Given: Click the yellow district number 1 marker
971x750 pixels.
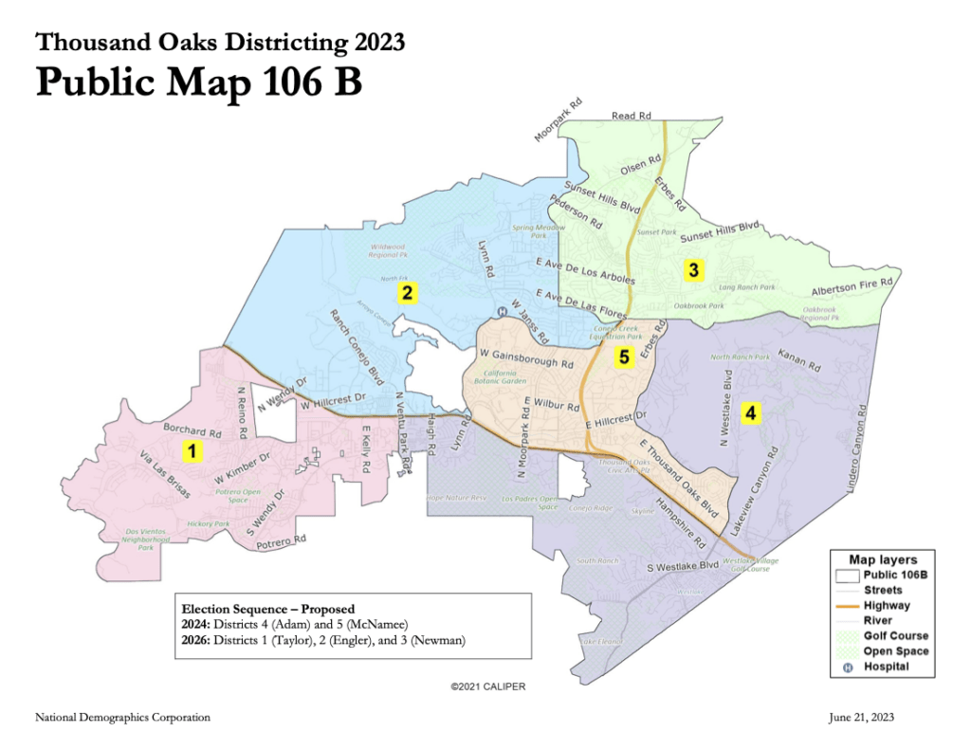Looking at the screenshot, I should pyautogui.click(x=192, y=450).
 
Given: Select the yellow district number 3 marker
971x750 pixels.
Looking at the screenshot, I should pyautogui.click(x=693, y=270).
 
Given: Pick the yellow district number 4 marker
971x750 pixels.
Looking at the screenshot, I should pyautogui.click(x=750, y=412).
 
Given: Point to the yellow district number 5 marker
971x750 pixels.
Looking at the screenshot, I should pyautogui.click(x=623, y=357).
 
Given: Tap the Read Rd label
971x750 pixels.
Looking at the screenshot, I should pyautogui.click(x=632, y=116).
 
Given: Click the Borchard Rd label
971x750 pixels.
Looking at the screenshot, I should pyautogui.click(x=192, y=430).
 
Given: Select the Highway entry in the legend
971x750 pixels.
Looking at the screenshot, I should pyautogui.click(x=887, y=605).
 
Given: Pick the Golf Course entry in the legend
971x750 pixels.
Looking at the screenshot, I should pyautogui.click(x=895, y=635).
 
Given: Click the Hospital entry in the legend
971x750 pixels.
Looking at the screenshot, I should pyautogui.click(x=886, y=666).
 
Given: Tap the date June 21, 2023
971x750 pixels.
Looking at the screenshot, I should pyautogui.click(x=861, y=718).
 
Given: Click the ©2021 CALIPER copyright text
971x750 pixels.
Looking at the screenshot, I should pyautogui.click(x=487, y=686).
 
